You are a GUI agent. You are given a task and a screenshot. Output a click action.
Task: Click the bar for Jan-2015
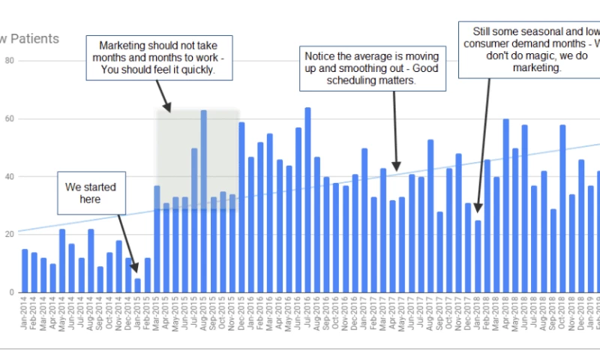(138, 285)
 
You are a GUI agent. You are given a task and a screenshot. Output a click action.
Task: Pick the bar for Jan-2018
(478, 256)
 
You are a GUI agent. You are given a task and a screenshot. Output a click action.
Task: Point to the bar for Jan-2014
(25, 271)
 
